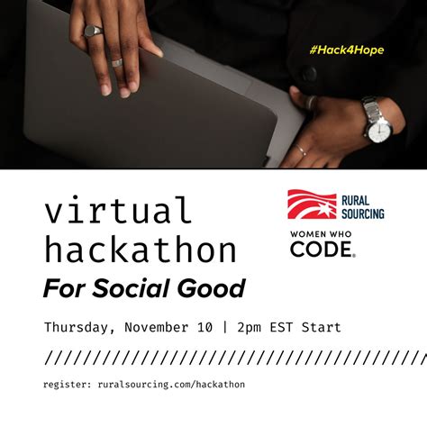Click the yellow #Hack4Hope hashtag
tap(347, 50)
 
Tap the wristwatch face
tap(378, 128)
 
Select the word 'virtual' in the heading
tap(117, 211)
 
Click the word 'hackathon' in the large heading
tap(140, 250)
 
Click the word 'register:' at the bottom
tap(66, 385)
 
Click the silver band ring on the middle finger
tap(116, 63)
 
